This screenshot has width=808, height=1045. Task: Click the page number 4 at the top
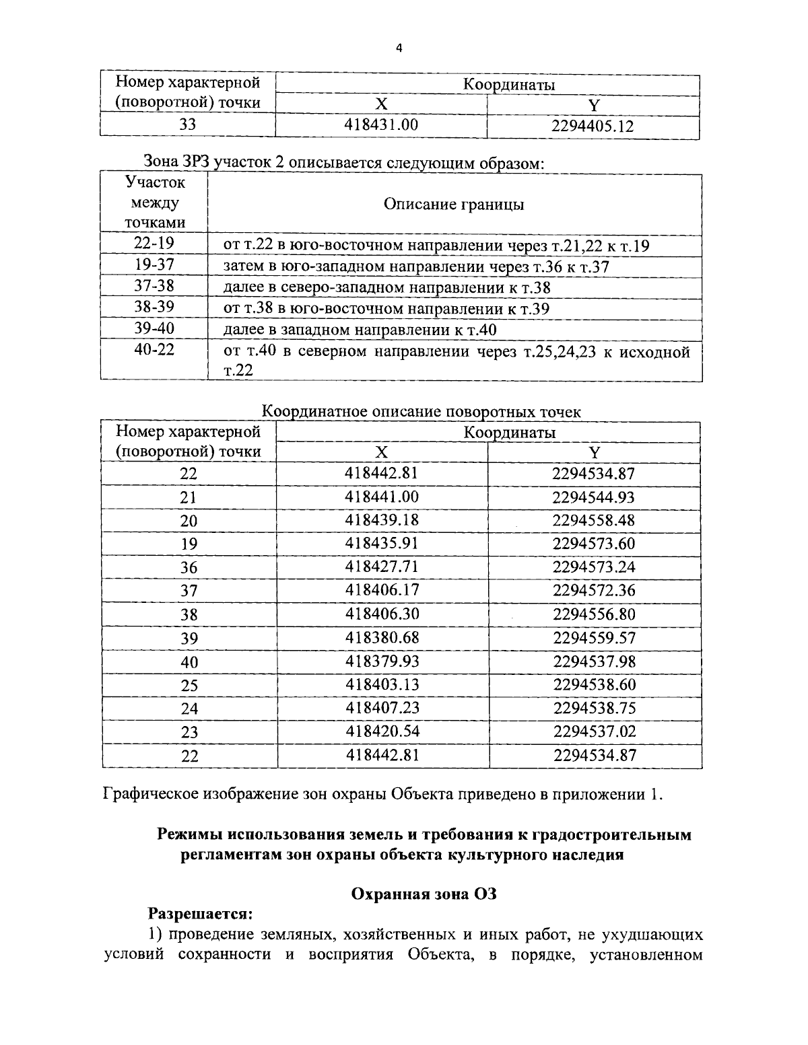[x=399, y=48]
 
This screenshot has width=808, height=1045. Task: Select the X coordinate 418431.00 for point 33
[x=381, y=124]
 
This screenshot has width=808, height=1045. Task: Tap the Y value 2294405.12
[x=593, y=125]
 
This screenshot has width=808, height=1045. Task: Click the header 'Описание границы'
[x=454, y=205]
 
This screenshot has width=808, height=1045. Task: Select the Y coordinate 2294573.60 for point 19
[x=593, y=544]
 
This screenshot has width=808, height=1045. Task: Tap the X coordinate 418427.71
[x=381, y=567]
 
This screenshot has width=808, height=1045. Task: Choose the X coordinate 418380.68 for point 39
[x=381, y=637]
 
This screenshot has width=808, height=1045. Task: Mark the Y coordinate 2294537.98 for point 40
[x=593, y=661]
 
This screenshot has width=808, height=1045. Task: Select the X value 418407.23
[x=381, y=708]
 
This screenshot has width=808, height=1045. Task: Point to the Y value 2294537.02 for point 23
[x=593, y=731]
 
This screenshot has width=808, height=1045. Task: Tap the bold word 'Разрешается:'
[x=200, y=914]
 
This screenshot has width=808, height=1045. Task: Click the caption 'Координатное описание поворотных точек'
[x=421, y=412]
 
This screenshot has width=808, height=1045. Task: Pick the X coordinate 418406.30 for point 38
[x=381, y=614]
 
